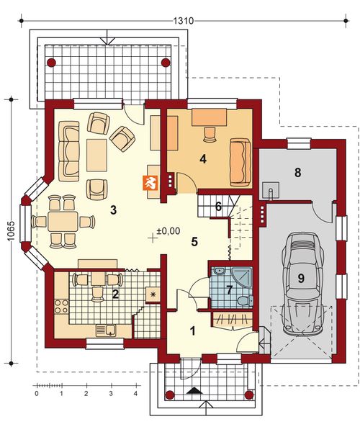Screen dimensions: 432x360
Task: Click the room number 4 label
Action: pyautogui.click(x=204, y=160)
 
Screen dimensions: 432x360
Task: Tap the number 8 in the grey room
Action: pyautogui.click(x=298, y=172)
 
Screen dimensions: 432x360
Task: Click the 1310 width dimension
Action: pyautogui.click(x=183, y=21)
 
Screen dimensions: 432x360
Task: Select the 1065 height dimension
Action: pyautogui.click(x=10, y=230)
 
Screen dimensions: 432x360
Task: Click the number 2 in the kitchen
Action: pyautogui.click(x=114, y=293)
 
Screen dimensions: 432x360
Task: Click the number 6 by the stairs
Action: pyautogui.click(x=218, y=206)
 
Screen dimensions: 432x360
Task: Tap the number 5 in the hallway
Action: pyautogui.click(x=194, y=241)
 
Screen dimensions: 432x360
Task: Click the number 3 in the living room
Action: pyautogui.click(x=113, y=210)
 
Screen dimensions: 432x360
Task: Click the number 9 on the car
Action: pyautogui.click(x=300, y=276)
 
